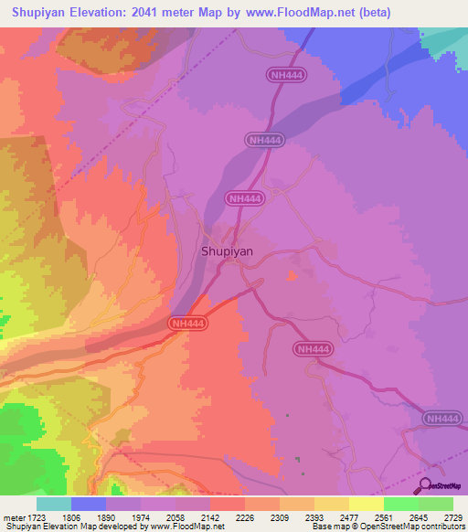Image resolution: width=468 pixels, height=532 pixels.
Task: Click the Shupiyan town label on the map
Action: pyautogui.click(x=227, y=250)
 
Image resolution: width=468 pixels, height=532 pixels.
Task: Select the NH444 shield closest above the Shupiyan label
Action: pyautogui.click(x=245, y=197)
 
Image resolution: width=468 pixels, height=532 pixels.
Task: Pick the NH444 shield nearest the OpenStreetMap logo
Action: pyautogui.click(x=441, y=418)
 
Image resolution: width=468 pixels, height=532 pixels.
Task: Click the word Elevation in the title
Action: pyautogui.click(x=114, y=12)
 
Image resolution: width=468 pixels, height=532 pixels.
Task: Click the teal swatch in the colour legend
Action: pyautogui.click(x=54, y=504)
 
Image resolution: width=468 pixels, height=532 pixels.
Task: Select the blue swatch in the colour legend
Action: pyautogui.click(x=89, y=504)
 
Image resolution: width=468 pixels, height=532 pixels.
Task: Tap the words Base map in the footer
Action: pyautogui.click(x=327, y=527)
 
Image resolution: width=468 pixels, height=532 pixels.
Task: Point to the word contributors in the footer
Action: pyautogui.click(x=445, y=527)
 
